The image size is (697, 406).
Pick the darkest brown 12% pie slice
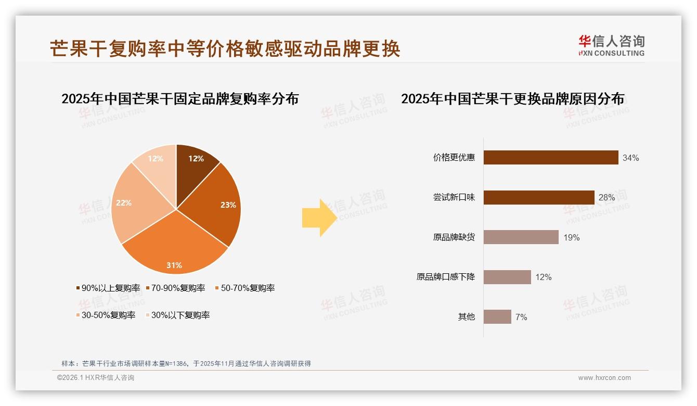tap(195, 161)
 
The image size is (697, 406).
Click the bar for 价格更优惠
tap(550, 158)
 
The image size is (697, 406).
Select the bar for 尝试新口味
tap(538, 197)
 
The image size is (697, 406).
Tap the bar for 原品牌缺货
tap(521, 237)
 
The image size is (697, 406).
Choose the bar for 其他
tap(497, 316)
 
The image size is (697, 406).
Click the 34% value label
tap(630, 158)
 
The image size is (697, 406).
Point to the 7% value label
tap(521, 317)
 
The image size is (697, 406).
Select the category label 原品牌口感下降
tap(445, 277)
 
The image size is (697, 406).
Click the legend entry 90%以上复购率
tap(108, 288)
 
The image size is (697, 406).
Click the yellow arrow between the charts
tap(319, 218)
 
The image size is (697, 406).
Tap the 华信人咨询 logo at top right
tap(611, 46)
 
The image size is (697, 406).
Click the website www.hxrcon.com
tap(604, 377)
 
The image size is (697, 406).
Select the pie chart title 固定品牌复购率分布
tap(180, 99)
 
